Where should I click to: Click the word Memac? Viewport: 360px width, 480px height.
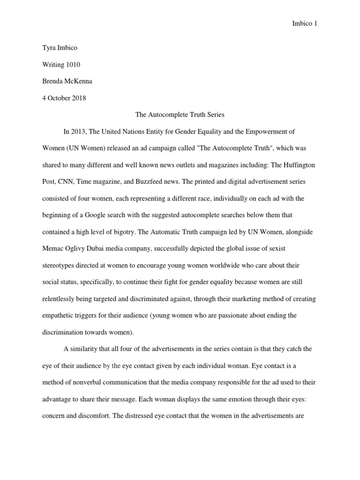(x=52, y=248)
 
